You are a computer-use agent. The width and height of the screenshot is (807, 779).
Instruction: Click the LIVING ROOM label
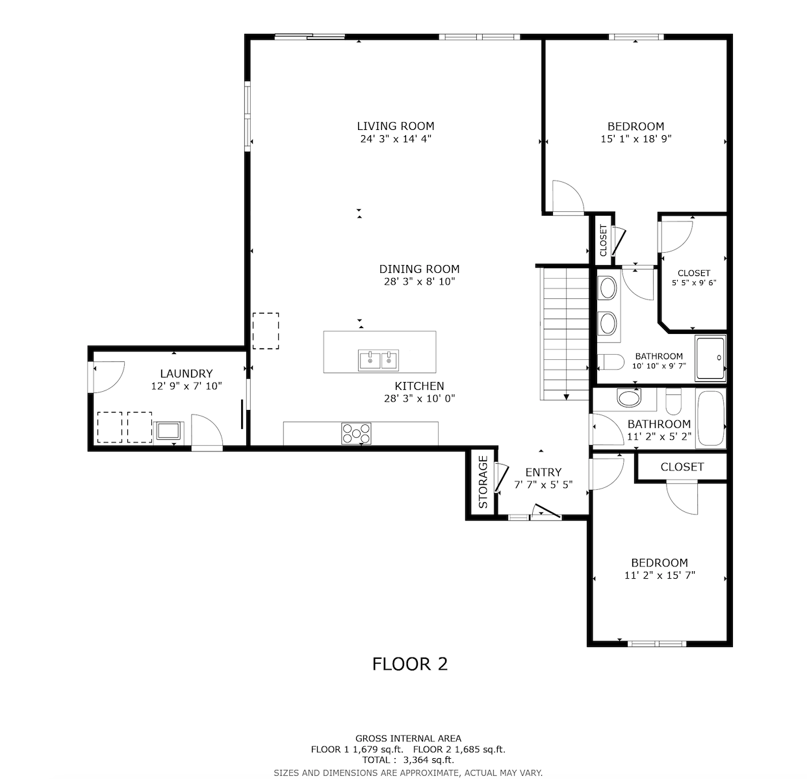tap(395, 126)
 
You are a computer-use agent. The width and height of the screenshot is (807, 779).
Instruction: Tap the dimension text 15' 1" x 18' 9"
tap(635, 138)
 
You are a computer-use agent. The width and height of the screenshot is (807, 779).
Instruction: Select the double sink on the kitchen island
tap(379, 359)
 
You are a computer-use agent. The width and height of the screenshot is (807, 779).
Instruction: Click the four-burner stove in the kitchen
tap(357, 433)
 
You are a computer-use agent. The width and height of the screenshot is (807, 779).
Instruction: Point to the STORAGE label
tap(483, 482)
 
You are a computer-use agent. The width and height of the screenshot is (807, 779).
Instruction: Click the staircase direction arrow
tap(567, 396)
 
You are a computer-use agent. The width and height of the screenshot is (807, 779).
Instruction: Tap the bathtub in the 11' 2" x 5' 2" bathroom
tap(710, 419)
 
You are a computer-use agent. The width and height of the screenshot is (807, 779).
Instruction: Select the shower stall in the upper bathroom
tap(710, 358)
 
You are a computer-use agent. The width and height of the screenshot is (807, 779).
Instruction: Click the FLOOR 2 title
tap(409, 664)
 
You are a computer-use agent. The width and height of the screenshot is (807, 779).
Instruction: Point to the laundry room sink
tap(169, 431)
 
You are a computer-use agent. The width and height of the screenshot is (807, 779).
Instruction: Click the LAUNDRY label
tap(186, 374)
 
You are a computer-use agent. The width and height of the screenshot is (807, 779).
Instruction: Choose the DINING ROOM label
tap(419, 269)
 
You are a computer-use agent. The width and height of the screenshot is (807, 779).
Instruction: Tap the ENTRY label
tap(543, 472)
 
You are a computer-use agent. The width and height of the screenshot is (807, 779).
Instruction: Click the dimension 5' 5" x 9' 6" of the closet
tap(694, 283)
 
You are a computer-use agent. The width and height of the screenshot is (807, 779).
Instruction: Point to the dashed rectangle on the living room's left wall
tap(265, 331)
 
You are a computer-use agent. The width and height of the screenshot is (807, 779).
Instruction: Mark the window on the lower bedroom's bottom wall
tap(657, 644)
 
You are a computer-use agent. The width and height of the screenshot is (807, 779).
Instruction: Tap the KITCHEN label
tap(419, 386)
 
